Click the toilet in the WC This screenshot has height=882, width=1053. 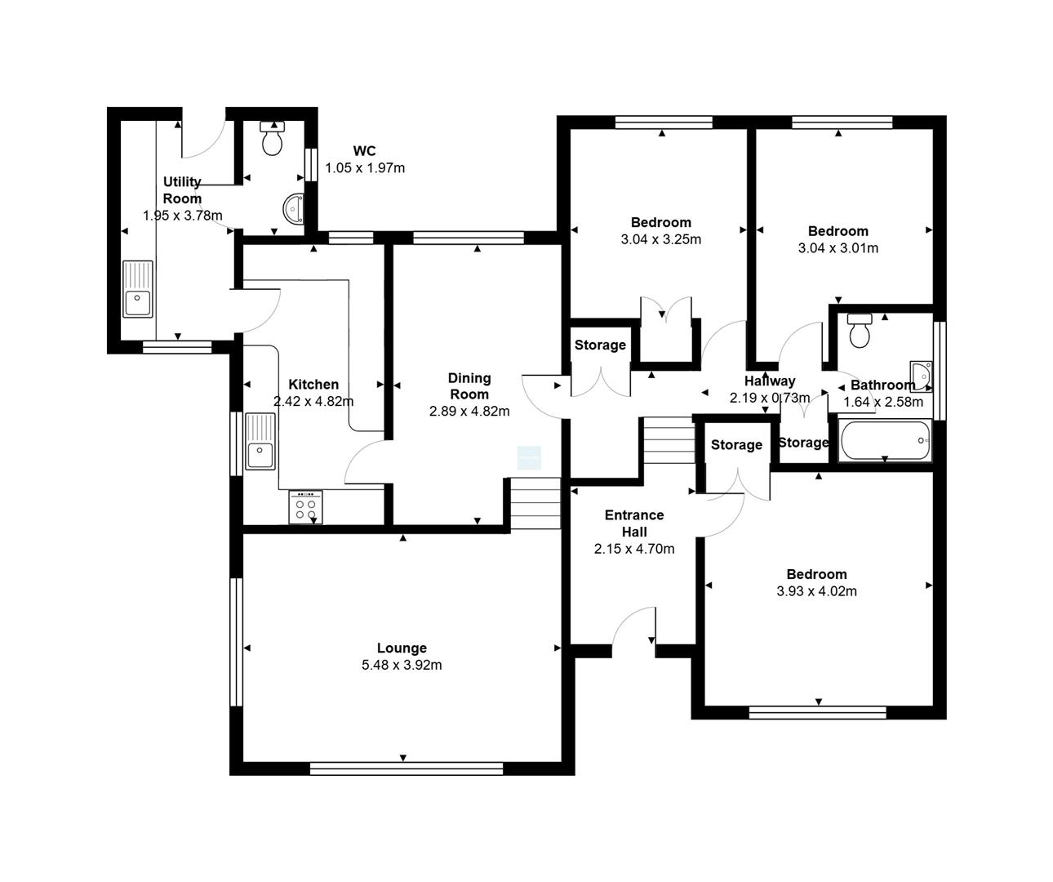[273, 138]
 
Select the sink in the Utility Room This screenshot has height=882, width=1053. [138, 289]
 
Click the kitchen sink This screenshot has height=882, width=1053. [260, 442]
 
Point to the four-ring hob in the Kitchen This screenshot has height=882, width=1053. [305, 506]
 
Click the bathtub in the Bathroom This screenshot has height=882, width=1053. [885, 440]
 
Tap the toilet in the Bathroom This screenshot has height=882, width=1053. [860, 331]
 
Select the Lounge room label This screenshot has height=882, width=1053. [402, 648]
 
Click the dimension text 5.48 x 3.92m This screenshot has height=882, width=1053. [402, 665]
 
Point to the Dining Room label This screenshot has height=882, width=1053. [469, 386]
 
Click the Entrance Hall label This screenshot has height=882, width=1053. [634, 523]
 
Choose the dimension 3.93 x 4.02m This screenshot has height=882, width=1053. [816, 591]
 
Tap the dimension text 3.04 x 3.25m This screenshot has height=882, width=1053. [660, 239]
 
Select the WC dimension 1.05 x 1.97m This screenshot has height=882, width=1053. [365, 168]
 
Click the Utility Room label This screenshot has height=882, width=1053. [182, 189]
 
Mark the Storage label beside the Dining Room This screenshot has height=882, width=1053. [600, 345]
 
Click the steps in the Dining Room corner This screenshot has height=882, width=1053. [535, 504]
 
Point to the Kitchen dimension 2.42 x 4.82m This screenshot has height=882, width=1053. [313, 402]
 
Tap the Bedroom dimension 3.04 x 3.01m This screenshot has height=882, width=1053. [838, 248]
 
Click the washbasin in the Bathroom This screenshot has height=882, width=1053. [922, 376]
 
